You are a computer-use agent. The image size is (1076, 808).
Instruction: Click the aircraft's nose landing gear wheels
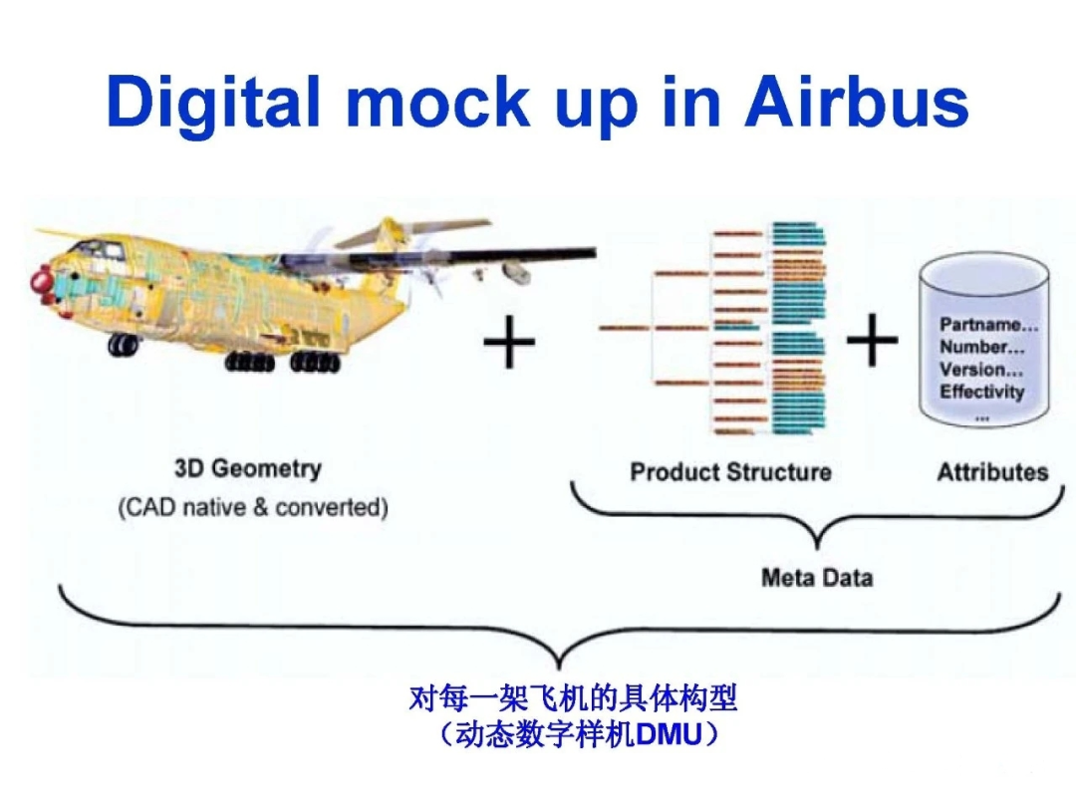[124, 345]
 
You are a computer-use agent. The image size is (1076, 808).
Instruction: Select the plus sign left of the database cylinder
[872, 340]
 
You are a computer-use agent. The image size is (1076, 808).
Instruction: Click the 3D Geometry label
[247, 468]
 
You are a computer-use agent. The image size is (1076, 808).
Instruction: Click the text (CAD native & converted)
[253, 507]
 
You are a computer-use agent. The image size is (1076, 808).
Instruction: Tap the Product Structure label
[730, 472]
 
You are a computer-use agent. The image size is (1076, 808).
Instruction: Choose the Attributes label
[992, 472]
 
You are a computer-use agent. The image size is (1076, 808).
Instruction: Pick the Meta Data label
[816, 577]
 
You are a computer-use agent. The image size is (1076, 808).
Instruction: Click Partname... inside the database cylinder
[987, 325]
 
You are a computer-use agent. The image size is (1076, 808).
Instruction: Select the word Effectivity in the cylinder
[981, 392]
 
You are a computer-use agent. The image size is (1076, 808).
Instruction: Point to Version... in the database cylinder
[980, 369]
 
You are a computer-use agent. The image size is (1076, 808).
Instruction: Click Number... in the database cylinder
[980, 347]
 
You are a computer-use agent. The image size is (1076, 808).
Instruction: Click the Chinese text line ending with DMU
[577, 735]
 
